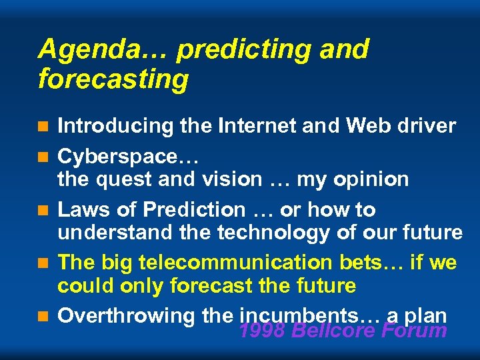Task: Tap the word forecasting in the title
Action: click(x=113, y=79)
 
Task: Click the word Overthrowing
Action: click(x=126, y=316)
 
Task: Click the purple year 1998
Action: click(x=262, y=330)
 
